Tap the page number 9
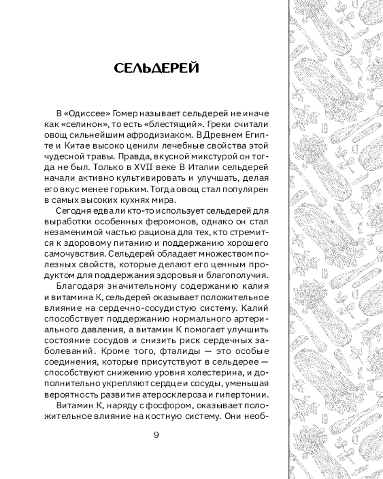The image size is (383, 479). tap(156, 434)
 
